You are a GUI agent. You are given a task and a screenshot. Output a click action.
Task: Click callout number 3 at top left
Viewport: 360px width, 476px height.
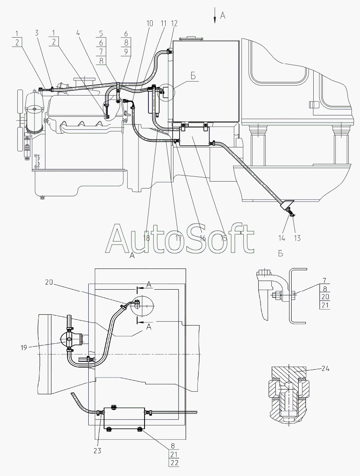coord(37,33)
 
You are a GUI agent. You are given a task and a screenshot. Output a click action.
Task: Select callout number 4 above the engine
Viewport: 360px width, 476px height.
coord(78,33)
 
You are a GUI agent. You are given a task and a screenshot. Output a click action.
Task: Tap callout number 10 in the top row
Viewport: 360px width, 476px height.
coord(150,23)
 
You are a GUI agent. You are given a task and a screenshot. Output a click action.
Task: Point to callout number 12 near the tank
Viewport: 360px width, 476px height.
coord(174,23)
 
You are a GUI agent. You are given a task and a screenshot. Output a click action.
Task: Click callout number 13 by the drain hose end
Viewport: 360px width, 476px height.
coord(297,238)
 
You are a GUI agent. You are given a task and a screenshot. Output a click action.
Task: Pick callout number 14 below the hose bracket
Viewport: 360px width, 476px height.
coord(282,238)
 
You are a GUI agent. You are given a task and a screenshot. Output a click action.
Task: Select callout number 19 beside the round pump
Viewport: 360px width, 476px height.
coord(24,348)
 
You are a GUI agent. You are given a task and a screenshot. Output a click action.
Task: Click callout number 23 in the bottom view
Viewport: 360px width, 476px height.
coord(97,451)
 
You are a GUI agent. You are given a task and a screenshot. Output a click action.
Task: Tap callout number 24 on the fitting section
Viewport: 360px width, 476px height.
coord(325,369)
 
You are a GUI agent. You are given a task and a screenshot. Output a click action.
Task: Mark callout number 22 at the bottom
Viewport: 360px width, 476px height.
coord(173,471)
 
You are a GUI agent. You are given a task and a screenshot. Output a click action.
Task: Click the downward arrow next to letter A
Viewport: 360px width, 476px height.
coord(215,16)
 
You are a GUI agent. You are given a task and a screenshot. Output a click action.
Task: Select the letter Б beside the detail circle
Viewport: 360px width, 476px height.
coord(193,76)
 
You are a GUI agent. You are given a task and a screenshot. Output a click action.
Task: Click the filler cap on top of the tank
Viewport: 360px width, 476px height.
coord(191,38)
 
